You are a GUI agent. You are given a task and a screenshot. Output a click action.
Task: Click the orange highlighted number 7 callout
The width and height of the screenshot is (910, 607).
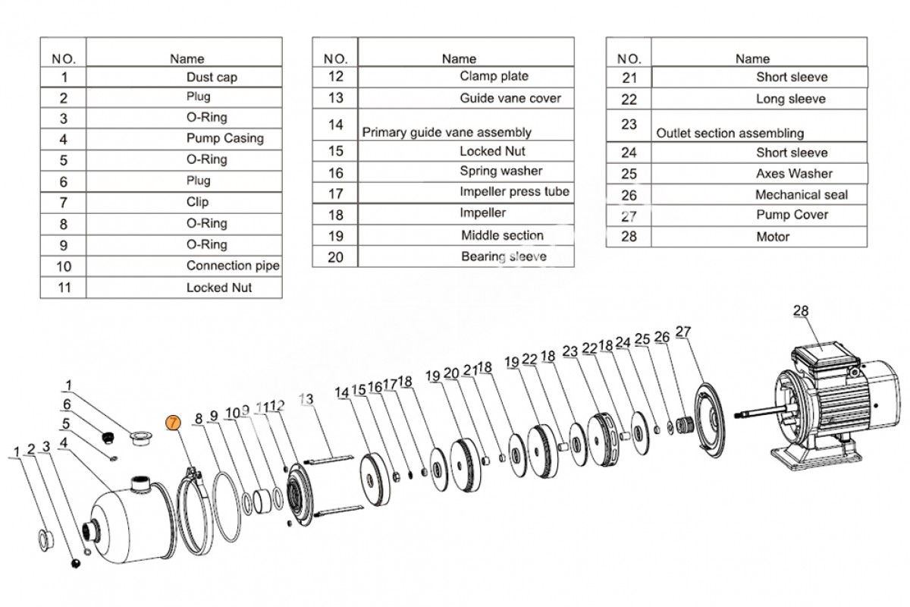(174, 423)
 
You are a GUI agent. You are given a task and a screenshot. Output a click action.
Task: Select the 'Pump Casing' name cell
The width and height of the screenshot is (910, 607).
(224, 138)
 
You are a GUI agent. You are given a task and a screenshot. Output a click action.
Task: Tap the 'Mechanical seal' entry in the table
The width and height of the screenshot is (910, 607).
(801, 195)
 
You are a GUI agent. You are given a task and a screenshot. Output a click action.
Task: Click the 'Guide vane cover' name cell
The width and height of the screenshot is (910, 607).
(510, 98)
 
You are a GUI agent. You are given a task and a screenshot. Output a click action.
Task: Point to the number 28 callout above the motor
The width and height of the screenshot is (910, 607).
(801, 310)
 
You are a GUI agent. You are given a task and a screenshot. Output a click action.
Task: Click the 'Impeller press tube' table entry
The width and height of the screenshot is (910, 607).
(514, 192)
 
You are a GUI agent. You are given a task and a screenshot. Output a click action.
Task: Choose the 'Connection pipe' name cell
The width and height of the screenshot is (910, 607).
(232, 266)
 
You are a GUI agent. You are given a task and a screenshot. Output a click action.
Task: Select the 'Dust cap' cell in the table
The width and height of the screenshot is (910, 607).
(212, 77)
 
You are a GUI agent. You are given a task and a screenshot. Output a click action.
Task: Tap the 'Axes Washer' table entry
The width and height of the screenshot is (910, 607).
(793, 174)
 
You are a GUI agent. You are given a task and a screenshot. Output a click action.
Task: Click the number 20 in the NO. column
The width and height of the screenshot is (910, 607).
(334, 257)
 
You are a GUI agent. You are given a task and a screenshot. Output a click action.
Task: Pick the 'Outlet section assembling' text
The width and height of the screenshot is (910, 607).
(730, 133)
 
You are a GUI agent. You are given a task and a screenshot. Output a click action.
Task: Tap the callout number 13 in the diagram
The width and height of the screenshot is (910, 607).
(306, 399)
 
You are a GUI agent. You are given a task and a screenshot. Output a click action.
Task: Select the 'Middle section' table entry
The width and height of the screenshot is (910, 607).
(502, 235)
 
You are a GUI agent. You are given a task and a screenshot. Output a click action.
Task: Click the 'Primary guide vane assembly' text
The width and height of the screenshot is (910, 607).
(446, 132)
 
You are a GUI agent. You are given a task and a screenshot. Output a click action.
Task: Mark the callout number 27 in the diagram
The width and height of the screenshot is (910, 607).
(682, 332)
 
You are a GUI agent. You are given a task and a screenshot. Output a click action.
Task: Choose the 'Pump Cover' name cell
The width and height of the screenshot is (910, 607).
(792, 215)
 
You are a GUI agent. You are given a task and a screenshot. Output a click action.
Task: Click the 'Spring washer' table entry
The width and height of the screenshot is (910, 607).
(500, 171)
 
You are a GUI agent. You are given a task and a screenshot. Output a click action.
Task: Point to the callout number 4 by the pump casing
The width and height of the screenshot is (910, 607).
(64, 442)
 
